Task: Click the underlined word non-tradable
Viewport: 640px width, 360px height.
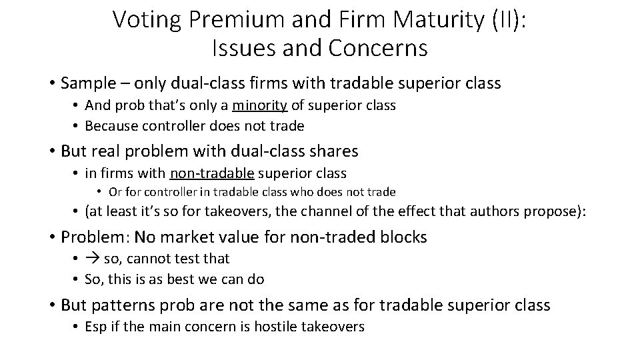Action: [x=212, y=173]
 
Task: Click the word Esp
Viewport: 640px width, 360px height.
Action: [x=95, y=327]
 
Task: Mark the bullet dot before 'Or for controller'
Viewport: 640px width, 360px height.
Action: [x=98, y=192]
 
